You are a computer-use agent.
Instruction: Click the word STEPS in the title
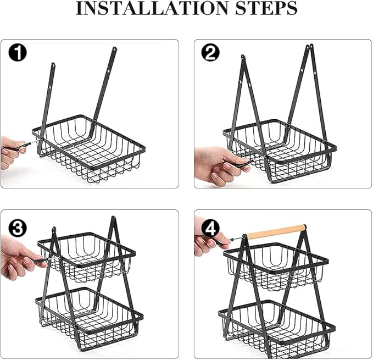click(266, 8)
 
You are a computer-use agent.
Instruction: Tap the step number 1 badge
click(18, 53)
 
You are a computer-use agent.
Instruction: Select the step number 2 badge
click(210, 52)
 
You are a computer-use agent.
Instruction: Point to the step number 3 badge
click(18, 228)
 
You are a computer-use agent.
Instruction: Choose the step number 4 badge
click(210, 228)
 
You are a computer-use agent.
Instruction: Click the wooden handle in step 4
click(276, 231)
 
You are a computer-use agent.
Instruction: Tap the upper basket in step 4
click(276, 267)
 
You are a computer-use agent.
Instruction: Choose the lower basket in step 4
click(277, 328)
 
